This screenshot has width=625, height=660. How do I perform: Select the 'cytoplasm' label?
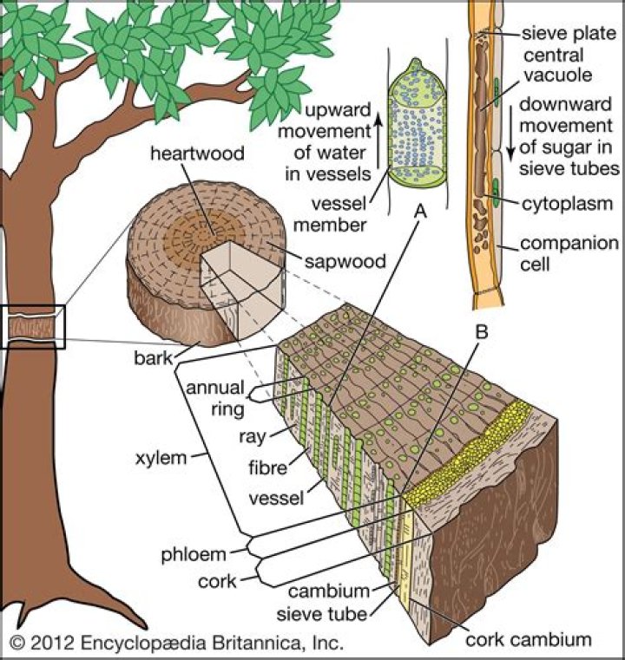pyautogui.click(x=569, y=205)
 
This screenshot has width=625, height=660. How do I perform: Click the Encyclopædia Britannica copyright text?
pyautogui.click(x=177, y=643)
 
